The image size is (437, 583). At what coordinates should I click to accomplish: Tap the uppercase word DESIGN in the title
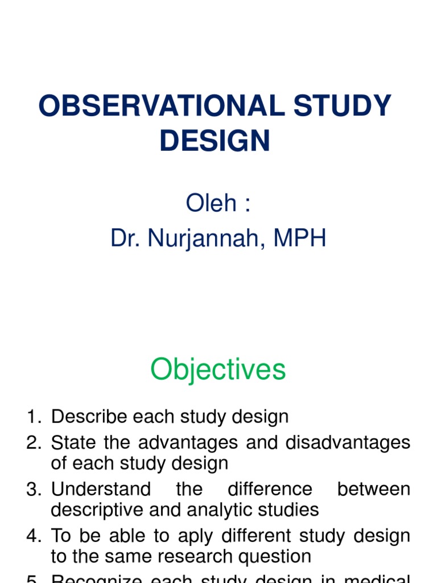(215, 140)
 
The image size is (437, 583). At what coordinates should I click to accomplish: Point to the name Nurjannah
(208, 239)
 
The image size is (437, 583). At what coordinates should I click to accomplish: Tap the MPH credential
(300, 239)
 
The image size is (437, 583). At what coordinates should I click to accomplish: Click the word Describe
(89, 417)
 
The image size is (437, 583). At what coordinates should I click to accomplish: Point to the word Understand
(101, 489)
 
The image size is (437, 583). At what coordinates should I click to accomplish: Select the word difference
(270, 489)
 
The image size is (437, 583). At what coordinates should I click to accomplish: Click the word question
(279, 556)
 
